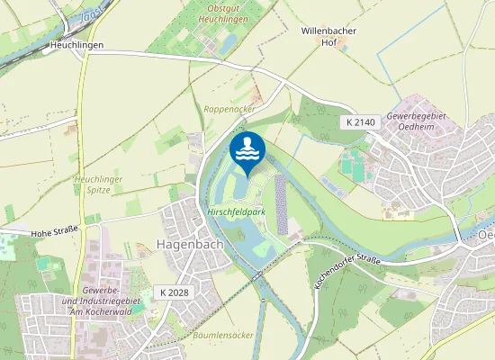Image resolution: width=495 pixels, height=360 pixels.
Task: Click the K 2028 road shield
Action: pos(175,292)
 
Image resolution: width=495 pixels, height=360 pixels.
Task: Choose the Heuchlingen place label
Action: pos(77,45)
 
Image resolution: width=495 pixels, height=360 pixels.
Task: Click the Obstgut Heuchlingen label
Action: pos(220,14)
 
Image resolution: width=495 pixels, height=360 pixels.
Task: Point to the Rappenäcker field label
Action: pos(229,108)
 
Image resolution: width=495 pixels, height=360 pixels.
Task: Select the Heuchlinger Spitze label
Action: pos(99,185)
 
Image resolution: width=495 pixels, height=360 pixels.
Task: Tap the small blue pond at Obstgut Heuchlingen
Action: pos(229,41)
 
